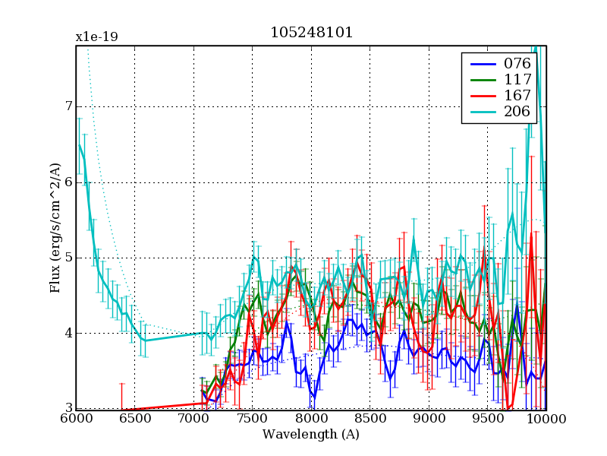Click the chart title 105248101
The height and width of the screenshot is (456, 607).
311,33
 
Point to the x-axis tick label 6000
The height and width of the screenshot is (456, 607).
76,419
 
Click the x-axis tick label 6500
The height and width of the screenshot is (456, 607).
135,419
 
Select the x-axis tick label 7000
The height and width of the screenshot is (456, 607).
193,419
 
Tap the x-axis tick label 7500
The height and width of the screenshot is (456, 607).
253,419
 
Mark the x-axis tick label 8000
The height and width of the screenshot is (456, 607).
311,419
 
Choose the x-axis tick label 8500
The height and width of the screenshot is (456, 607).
370,419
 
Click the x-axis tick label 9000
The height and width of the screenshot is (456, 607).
429,419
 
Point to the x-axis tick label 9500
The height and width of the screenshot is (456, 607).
488,419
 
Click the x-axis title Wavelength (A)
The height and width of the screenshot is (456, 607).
311,435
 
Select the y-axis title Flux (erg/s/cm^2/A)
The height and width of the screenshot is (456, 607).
55,228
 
